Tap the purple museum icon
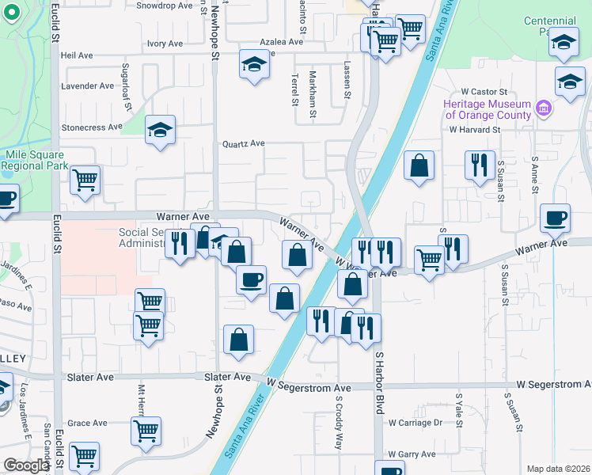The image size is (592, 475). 543,107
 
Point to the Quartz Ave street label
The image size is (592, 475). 243,144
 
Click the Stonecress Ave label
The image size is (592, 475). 92,127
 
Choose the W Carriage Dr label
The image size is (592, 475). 415,423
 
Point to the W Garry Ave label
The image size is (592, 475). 412,454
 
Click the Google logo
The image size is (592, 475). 26,465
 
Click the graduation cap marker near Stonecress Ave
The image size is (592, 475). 160,131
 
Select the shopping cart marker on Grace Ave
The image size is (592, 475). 146,431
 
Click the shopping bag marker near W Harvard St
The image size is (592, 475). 419,166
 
